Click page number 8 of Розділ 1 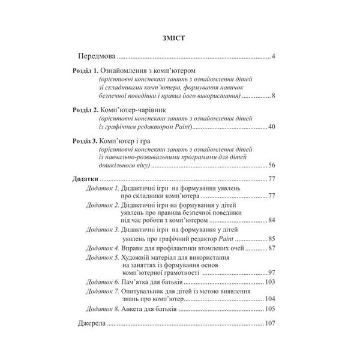point(273,95)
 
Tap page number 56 point(271,165)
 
